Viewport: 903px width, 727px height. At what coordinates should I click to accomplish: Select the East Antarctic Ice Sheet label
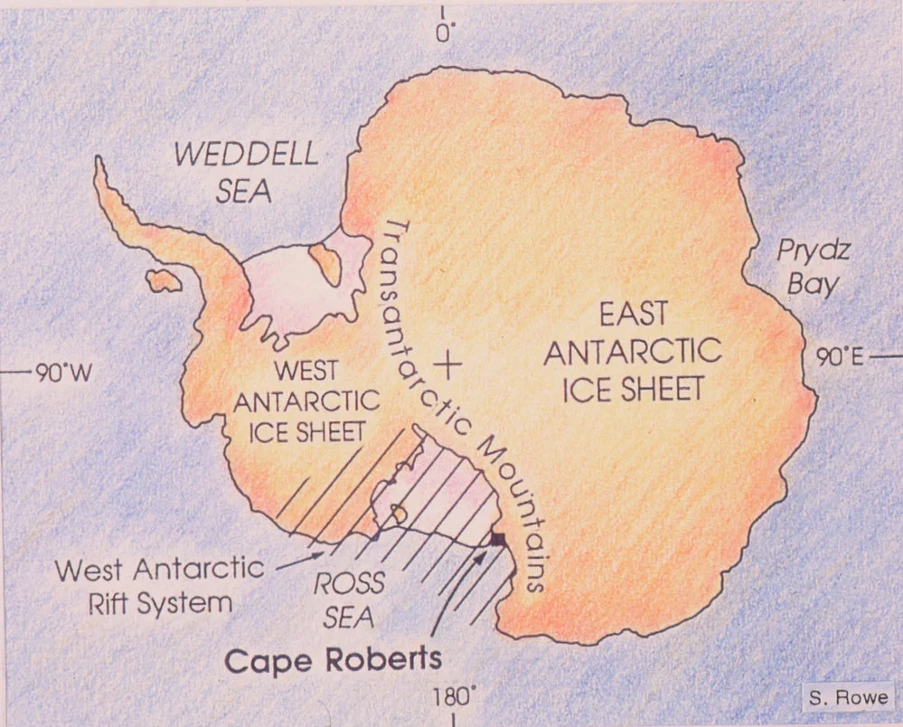(x=632, y=352)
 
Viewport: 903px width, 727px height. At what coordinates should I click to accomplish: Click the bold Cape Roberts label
(x=334, y=658)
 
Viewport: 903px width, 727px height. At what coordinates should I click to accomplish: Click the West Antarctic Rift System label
(x=159, y=585)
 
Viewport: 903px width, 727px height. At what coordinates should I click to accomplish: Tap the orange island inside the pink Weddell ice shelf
(x=325, y=263)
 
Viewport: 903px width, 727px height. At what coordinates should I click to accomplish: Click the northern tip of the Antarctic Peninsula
(x=99, y=164)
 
